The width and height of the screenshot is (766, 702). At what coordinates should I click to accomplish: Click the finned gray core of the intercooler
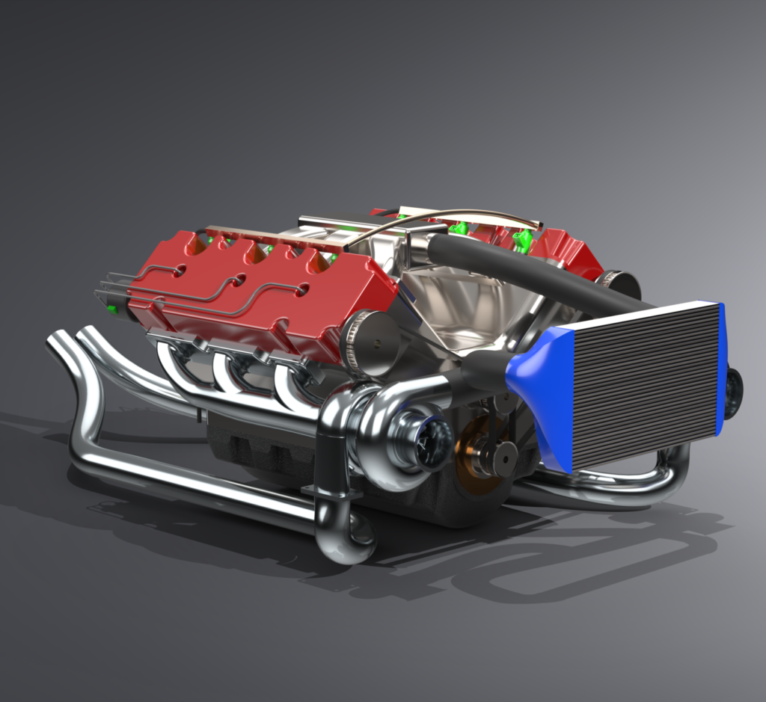click(x=643, y=381)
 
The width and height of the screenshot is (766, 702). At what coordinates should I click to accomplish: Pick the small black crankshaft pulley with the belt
click(x=499, y=456)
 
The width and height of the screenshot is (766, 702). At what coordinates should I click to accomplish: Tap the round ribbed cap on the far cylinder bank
click(x=619, y=284)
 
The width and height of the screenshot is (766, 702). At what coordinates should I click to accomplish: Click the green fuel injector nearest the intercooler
click(x=523, y=239)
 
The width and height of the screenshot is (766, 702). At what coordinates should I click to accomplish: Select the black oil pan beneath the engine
click(x=254, y=449)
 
